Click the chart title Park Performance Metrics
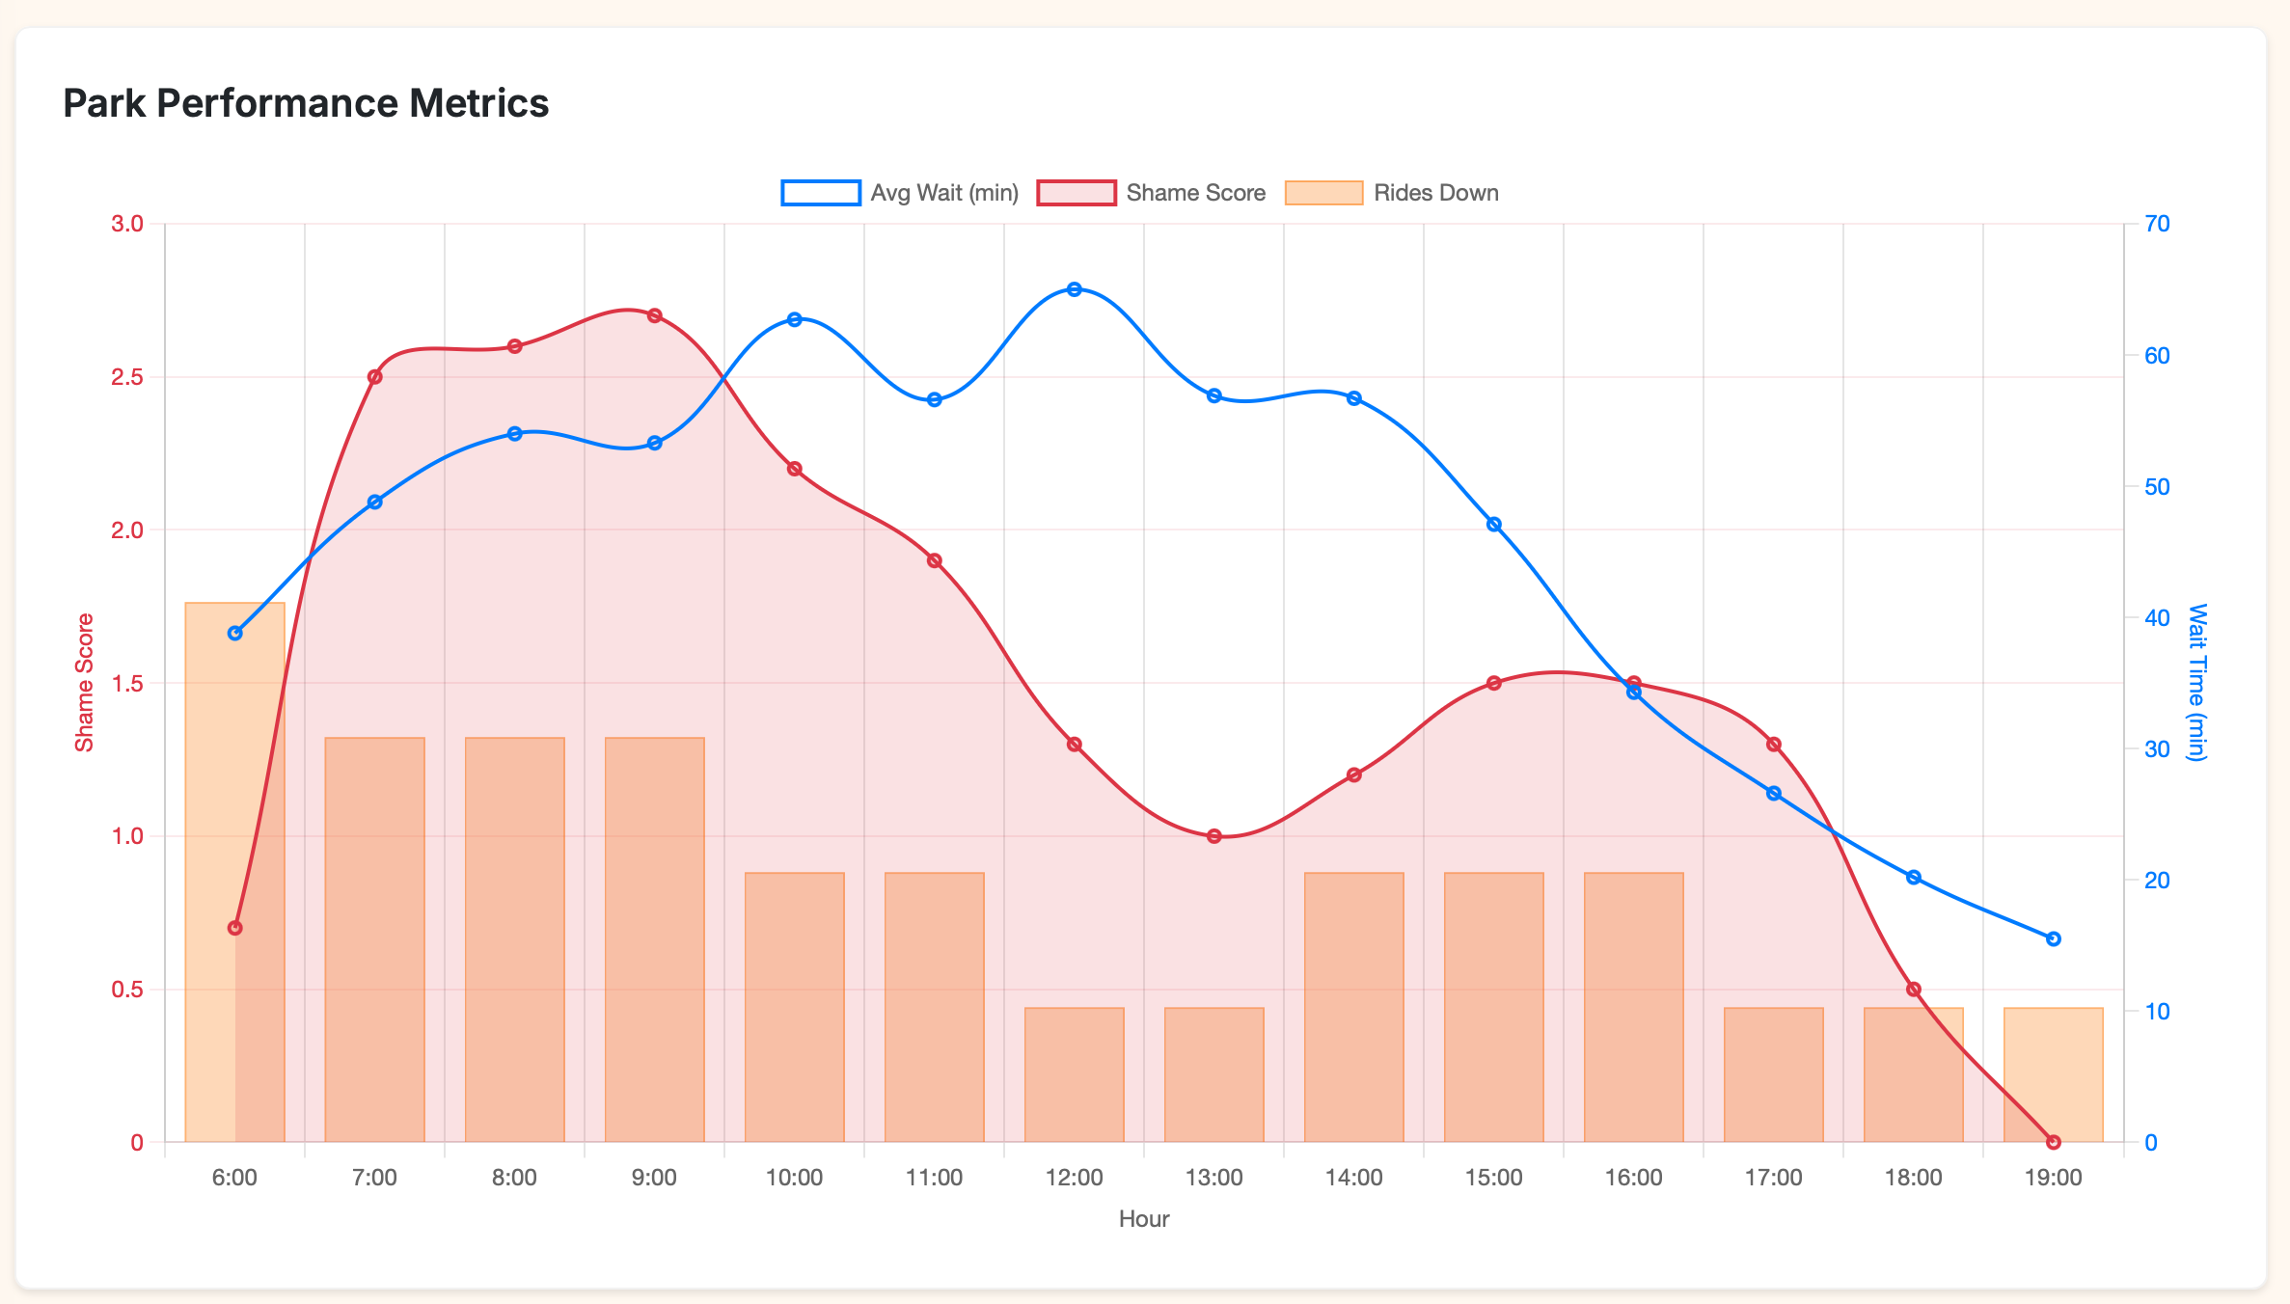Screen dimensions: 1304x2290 point(306,103)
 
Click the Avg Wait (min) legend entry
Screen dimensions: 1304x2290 point(900,193)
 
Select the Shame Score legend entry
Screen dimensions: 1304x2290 point(1152,193)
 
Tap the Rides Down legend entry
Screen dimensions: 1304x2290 point(1392,193)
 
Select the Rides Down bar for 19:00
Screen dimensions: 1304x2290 point(2053,1074)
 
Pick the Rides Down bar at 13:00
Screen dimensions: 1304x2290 point(1213,1074)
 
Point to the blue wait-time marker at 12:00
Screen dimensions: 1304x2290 point(1075,289)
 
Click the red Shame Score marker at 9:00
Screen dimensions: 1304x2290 point(654,315)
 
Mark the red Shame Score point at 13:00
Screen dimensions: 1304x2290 point(1214,836)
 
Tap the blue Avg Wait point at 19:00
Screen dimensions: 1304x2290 point(2053,938)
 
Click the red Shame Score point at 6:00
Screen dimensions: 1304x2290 point(234,928)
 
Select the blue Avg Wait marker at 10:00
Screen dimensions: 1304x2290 point(794,319)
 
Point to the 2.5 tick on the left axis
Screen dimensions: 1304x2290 point(127,377)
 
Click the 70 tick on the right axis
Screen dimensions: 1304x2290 point(2157,224)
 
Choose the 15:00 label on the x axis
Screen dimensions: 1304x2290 point(1493,1178)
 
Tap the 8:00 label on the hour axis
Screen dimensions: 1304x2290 point(514,1178)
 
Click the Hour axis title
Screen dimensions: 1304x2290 point(1144,1219)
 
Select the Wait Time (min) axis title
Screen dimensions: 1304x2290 point(2196,683)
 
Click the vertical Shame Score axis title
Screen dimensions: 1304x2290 point(85,683)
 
